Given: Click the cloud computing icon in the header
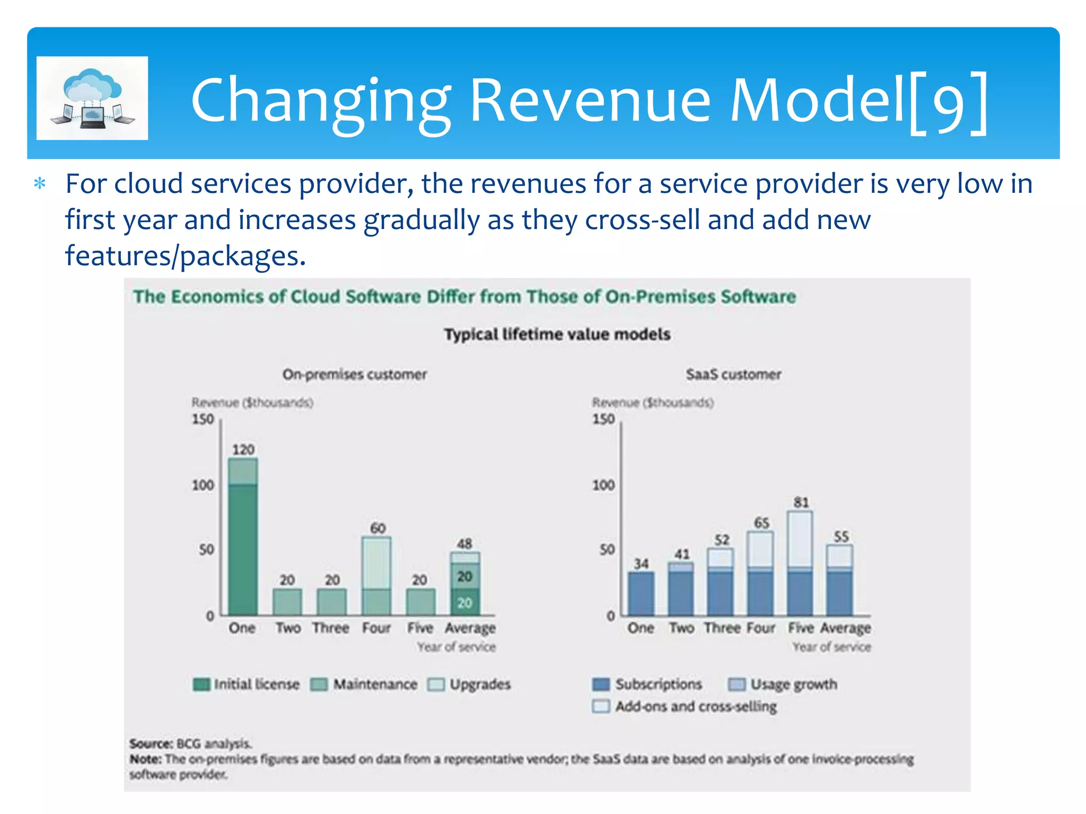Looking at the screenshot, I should [92, 98].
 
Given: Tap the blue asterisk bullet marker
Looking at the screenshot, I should [40, 184].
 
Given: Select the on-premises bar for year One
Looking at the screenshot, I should [243, 536].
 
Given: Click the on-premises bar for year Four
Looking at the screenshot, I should [376, 576].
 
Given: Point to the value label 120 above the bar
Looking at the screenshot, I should [243, 449].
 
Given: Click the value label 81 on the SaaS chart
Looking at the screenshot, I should [801, 502].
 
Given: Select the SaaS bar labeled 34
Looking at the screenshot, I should [641, 594].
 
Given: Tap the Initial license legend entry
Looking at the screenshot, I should [247, 684].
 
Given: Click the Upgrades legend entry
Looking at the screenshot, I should [469, 684].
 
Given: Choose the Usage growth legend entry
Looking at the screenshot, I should [783, 684].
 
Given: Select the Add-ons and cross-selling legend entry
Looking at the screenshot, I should [685, 706].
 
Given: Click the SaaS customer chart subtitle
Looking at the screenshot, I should [733, 375].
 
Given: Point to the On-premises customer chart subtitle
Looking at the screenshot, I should [354, 375].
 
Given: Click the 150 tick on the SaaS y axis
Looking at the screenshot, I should [603, 419].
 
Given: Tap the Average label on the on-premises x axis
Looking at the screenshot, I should [470, 628].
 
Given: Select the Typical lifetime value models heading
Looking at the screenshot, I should [557, 334].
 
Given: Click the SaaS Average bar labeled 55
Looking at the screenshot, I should [839, 580].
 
